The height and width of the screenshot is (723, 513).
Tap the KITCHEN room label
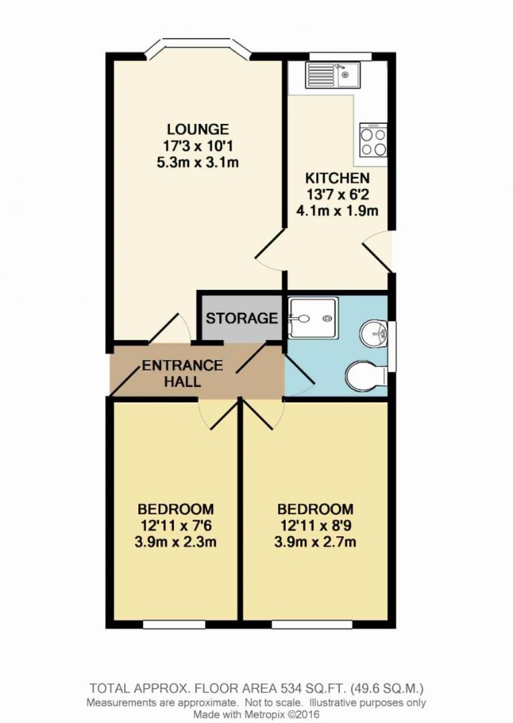337,178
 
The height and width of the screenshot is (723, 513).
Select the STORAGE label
241,318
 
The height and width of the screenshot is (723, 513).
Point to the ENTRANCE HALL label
182,373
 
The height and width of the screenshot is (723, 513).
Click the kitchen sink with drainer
331,75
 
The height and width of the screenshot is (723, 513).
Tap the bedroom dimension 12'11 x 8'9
315,526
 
